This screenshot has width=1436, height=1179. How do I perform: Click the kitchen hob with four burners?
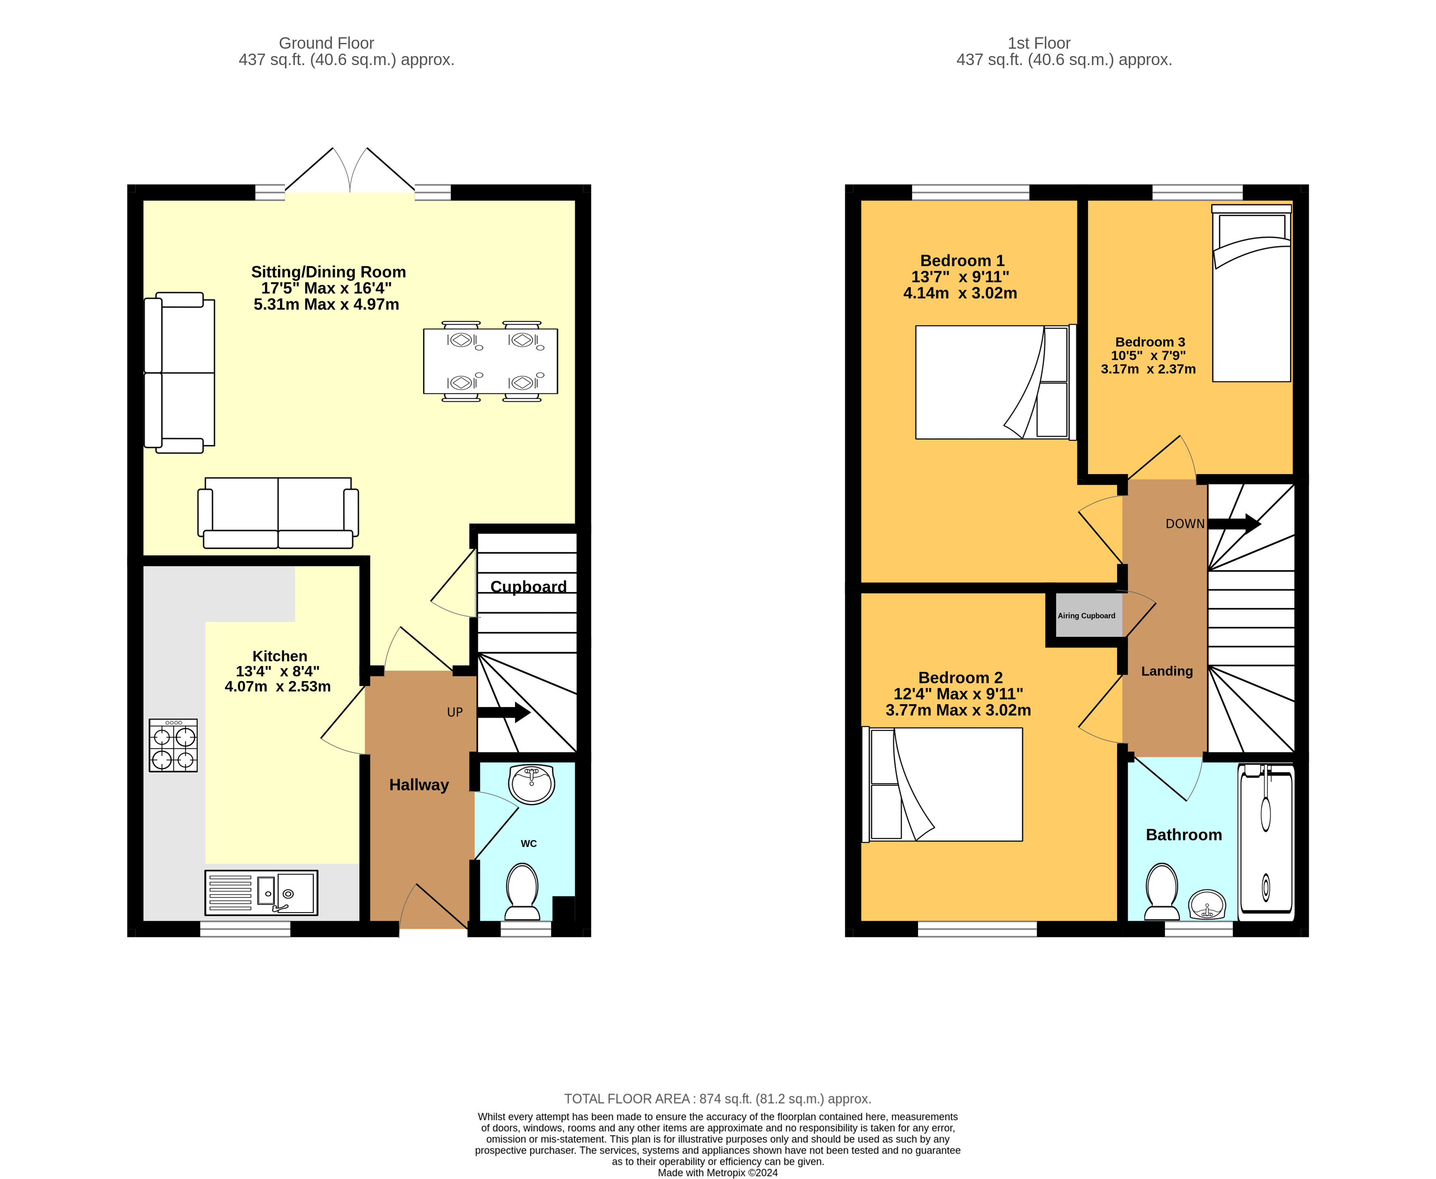coord(173,745)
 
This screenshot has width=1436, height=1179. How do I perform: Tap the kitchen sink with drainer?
coord(261,892)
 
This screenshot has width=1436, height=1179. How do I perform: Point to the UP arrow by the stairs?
coord(503,712)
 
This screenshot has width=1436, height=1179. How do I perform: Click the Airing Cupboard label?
coord(1086,615)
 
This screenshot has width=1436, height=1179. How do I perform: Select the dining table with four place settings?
coord(491,361)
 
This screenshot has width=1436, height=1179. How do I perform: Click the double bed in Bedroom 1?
coord(993,382)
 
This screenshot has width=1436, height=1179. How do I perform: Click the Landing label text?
coord(1166,671)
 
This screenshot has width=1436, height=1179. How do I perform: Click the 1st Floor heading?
coord(1039,43)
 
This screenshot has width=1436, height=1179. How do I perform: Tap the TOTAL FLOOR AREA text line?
coord(717,1098)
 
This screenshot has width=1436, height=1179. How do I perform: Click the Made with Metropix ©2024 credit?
coord(717,1172)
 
